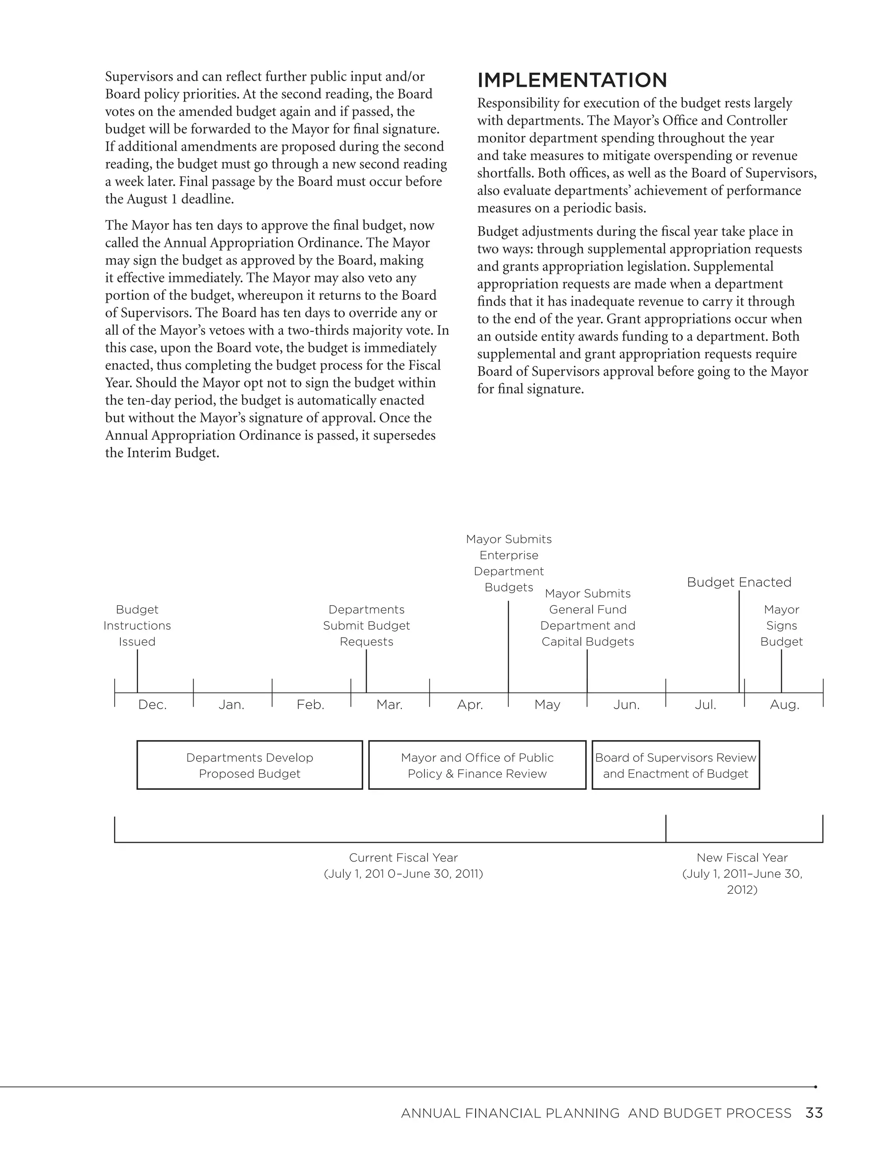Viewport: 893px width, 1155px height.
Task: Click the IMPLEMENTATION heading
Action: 572,80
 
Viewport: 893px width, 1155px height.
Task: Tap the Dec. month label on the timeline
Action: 152,705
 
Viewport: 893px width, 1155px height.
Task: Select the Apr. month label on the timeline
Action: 470,705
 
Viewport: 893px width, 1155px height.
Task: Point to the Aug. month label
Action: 784,705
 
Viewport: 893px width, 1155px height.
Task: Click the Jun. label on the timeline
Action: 627,705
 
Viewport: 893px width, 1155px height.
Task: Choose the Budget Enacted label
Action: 739,582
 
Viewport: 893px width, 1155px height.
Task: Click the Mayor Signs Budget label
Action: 781,625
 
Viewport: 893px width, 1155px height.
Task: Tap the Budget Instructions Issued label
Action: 137,625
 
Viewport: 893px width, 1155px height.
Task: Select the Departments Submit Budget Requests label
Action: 366,625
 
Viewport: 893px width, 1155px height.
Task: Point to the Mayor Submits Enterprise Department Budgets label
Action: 508,563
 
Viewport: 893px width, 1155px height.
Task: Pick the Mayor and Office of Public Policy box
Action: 477,765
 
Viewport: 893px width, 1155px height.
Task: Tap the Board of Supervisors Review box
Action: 675,765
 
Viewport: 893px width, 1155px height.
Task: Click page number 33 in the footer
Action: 814,1113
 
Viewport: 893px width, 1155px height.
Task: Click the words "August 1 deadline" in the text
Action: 180,199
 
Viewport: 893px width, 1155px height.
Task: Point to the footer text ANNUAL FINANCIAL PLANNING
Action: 510,1114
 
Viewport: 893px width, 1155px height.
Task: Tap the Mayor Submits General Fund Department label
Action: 587,618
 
